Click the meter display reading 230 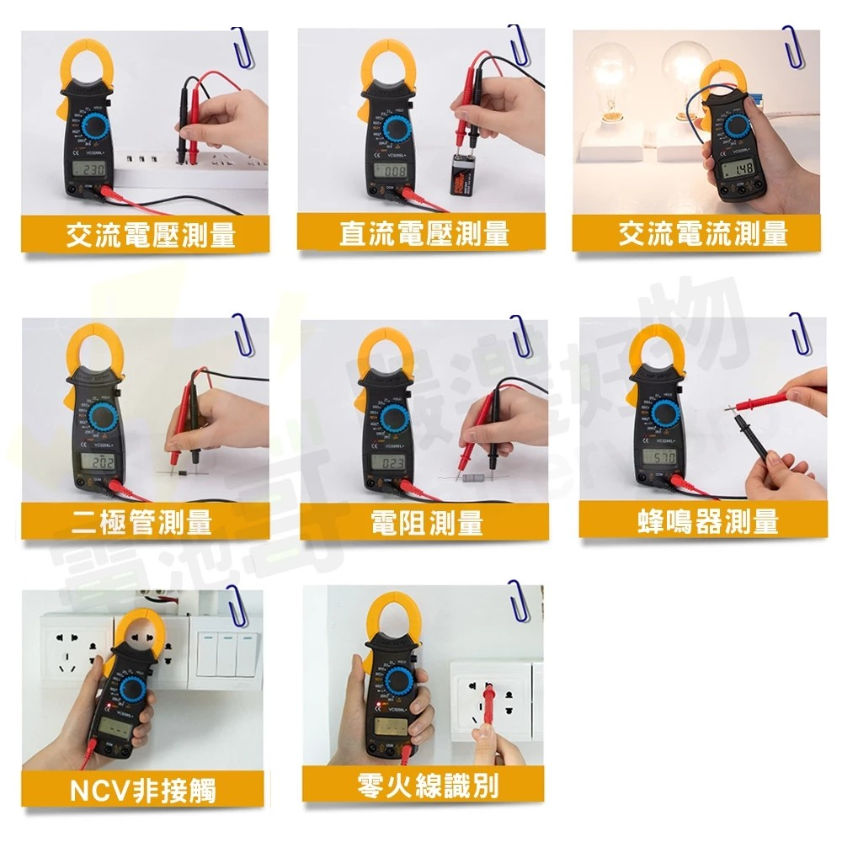pyautogui.click(x=90, y=171)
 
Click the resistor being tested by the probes pyautogui.click(x=472, y=477)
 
